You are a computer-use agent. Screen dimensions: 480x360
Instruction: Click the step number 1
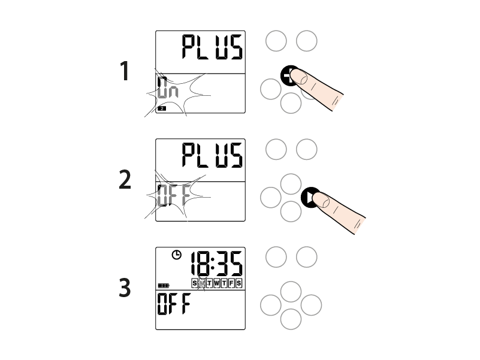point(124,71)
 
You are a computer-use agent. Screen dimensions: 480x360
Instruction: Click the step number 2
point(125,180)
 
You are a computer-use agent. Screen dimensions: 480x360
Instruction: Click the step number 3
point(125,288)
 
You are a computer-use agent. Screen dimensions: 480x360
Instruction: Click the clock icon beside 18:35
point(176,255)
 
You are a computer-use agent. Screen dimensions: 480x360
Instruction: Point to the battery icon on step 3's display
point(164,286)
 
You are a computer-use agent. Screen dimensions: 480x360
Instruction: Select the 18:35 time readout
point(216,264)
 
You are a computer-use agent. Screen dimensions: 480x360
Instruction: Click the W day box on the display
point(216,283)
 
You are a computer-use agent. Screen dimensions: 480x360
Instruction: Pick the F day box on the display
point(231,283)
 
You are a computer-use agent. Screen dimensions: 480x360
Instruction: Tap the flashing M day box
point(202,283)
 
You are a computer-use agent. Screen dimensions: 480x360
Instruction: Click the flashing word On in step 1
point(167,87)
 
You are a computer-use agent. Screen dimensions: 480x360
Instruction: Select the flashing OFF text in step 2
point(174,195)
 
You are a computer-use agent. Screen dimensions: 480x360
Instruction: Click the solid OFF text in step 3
point(174,304)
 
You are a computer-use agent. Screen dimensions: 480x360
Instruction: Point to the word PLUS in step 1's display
point(212,47)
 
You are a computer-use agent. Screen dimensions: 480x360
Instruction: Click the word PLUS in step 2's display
point(212,155)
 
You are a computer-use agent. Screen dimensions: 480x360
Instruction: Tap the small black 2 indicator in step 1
point(162,108)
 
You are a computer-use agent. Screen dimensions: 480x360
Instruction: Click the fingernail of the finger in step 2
point(321,200)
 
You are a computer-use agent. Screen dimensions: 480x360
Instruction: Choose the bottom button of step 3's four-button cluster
point(291,319)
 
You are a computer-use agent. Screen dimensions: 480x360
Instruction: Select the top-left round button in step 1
point(276,41)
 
